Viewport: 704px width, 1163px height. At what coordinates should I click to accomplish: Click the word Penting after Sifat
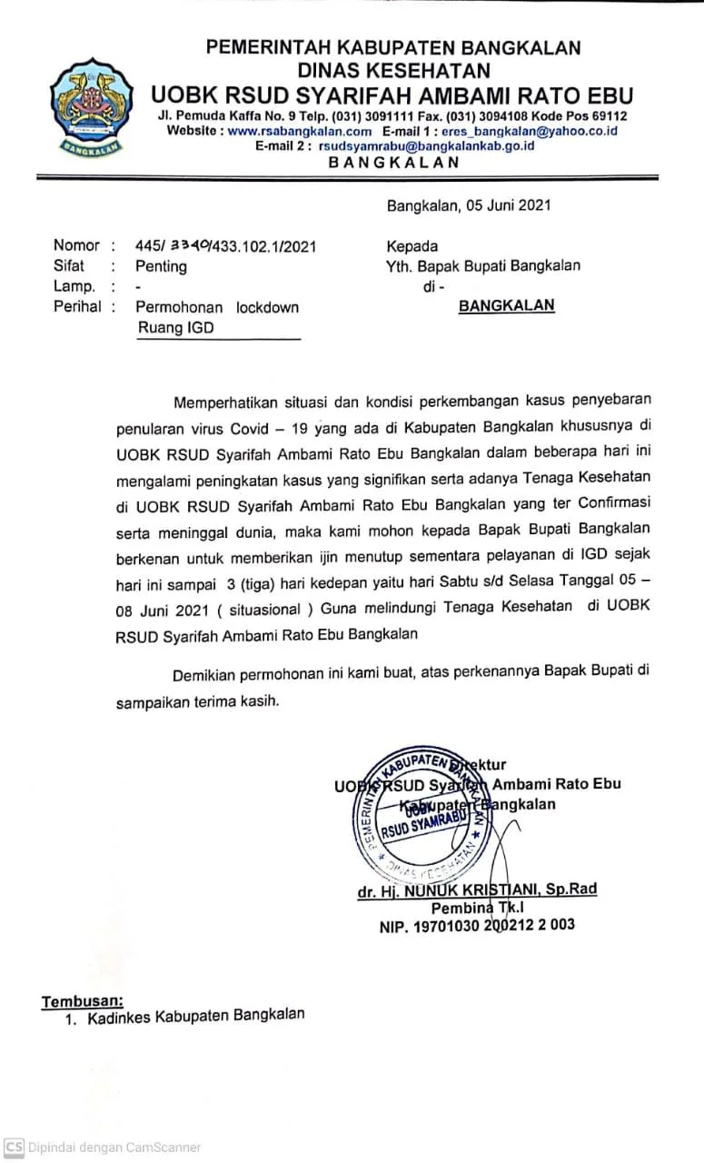(161, 266)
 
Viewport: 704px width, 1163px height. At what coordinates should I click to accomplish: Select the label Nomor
(76, 245)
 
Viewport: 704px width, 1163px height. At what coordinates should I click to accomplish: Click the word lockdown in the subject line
(267, 307)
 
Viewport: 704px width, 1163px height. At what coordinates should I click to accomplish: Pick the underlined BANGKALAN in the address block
(506, 306)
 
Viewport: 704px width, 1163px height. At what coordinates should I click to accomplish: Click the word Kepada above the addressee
(411, 245)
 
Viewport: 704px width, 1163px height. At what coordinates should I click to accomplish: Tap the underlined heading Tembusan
(82, 1001)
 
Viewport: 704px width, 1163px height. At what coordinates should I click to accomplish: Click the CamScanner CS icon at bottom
(14, 1148)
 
